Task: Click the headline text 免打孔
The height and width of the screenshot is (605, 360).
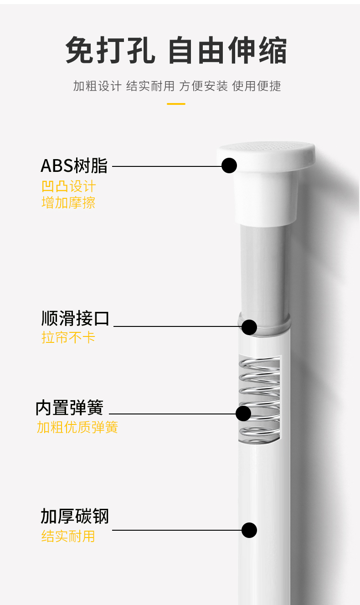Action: click(111, 50)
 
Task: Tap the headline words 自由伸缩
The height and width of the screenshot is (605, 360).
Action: click(228, 50)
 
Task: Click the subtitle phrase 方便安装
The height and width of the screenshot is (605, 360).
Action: click(203, 86)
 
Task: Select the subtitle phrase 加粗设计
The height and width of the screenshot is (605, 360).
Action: click(97, 86)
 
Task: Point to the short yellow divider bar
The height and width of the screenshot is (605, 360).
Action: click(176, 103)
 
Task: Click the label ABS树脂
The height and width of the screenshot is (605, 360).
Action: click(74, 165)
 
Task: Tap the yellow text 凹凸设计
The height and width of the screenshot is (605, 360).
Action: click(69, 186)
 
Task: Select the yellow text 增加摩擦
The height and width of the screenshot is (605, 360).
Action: click(68, 202)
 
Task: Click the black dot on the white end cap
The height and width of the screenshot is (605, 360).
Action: click(229, 165)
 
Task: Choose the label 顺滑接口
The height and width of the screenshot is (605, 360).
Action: click(75, 318)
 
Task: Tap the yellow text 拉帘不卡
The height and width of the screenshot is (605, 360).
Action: click(68, 337)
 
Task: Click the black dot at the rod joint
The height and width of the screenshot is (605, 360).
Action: click(249, 327)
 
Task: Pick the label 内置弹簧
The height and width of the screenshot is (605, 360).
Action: click(69, 408)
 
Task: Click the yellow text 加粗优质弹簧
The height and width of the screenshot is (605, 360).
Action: click(77, 427)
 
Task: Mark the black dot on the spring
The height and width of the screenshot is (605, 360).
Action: click(243, 413)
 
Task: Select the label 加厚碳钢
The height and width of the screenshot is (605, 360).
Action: click(74, 516)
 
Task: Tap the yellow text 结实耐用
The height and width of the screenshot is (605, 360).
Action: click(68, 536)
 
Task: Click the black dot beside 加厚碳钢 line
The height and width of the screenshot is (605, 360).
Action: click(249, 530)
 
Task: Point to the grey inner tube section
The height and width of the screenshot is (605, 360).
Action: click(264, 270)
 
